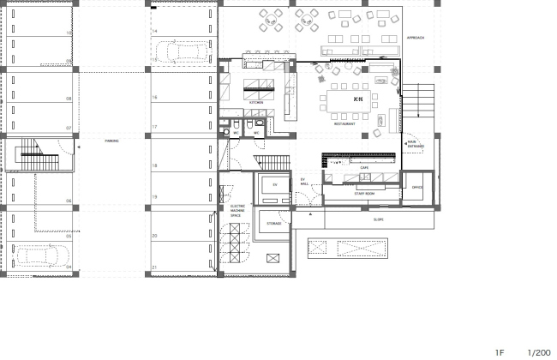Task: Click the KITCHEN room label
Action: pyautogui.click(x=255, y=102)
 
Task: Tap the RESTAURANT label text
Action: pyautogui.click(x=344, y=124)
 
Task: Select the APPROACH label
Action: pyautogui.click(x=416, y=39)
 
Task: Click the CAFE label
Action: pyautogui.click(x=363, y=167)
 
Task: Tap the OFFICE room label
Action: pyautogui.click(x=417, y=187)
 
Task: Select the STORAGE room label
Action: pyautogui.click(x=273, y=223)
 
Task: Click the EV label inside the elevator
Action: pyautogui.click(x=275, y=184)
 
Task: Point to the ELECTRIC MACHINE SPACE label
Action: pyautogui.click(x=236, y=211)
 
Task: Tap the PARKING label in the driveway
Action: pyautogui.click(x=111, y=141)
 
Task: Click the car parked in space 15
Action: pyautogui.click(x=181, y=53)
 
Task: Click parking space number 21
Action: pyautogui.click(x=154, y=268)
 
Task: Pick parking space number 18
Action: pyautogui.click(x=154, y=165)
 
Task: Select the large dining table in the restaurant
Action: pyautogui.click(x=346, y=100)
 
